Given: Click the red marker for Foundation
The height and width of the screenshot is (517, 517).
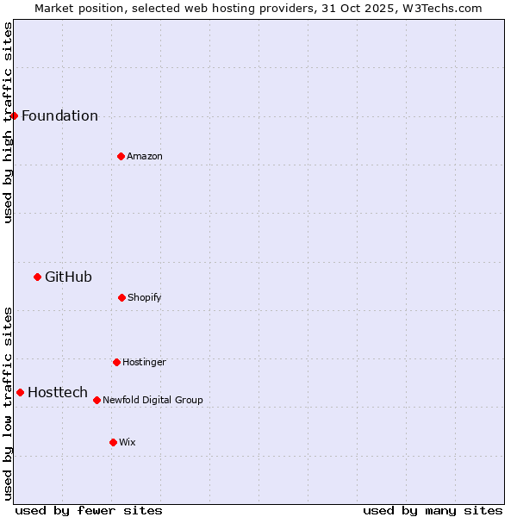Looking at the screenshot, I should tap(14, 115).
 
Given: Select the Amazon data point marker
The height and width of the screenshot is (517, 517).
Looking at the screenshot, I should tap(121, 156).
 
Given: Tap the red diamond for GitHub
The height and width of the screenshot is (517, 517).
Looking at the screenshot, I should tap(37, 277).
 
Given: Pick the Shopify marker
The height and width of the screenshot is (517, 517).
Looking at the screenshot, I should tap(121, 297).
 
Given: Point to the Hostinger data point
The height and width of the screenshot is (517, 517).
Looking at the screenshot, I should tap(116, 362).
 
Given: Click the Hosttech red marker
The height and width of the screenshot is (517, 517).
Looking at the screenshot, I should tap(20, 392).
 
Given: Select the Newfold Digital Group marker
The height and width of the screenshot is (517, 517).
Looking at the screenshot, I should tap(97, 400).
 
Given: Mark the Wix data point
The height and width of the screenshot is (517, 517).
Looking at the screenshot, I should tap(113, 442).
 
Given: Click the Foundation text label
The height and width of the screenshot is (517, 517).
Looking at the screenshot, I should tap(59, 116).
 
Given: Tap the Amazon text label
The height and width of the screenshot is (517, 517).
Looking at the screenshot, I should tap(145, 157).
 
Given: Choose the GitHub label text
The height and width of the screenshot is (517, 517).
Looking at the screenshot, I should tap(68, 277).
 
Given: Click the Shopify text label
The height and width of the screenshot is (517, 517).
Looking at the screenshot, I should tap(145, 298).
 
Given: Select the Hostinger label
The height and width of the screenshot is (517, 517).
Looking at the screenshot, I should tap(144, 363).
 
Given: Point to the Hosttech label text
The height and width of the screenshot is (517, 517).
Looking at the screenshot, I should tap(58, 393).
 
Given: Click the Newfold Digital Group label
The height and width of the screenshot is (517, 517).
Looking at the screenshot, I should tap(153, 401).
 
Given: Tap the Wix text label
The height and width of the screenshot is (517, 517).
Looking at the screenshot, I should tap(128, 443).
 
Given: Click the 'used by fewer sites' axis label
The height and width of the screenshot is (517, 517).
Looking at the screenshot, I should tap(89, 510).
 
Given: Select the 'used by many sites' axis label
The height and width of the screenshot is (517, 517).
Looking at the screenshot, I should tap(433, 510).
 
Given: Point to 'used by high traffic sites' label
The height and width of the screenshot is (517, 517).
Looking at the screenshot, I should tap(8, 122).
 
